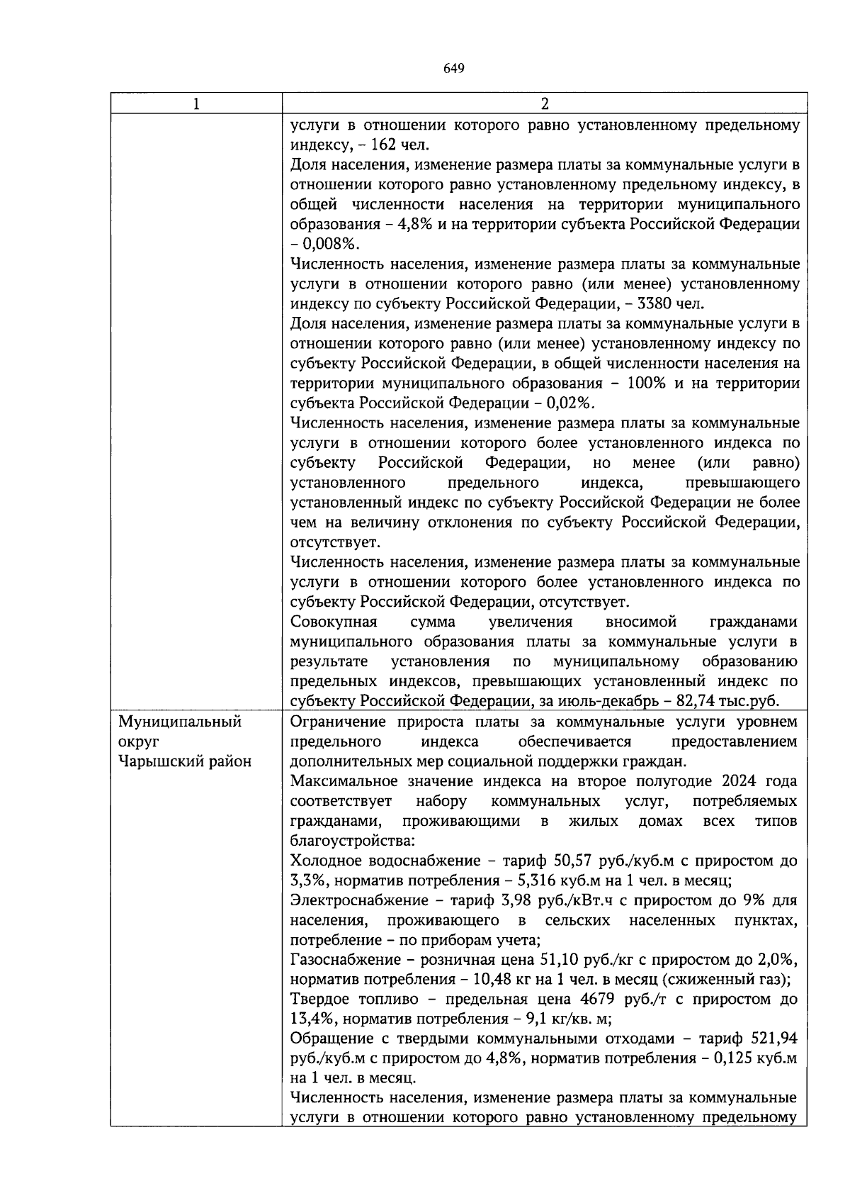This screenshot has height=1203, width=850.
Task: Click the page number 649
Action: click(x=453, y=69)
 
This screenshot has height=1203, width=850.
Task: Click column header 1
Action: click(x=196, y=103)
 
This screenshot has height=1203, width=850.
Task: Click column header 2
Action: click(x=544, y=103)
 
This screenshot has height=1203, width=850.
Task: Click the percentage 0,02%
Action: click(x=570, y=403)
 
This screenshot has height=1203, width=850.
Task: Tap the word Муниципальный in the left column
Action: click(x=180, y=722)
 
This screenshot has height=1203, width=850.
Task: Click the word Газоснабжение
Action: click(x=338, y=960)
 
